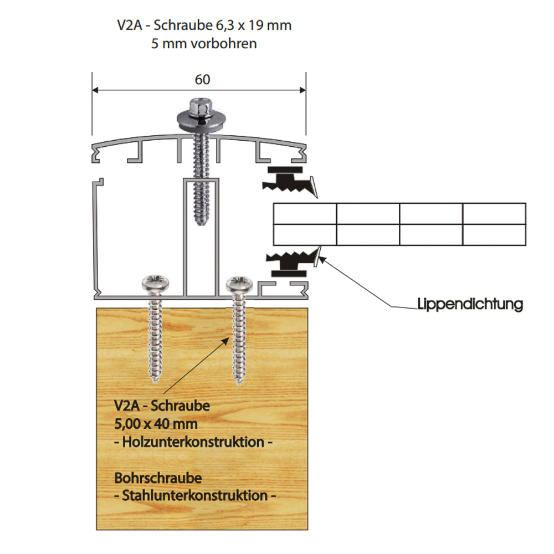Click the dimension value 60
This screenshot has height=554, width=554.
202,79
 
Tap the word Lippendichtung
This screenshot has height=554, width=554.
470,304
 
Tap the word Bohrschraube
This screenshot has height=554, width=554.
158,477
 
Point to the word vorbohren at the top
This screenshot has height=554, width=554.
224,43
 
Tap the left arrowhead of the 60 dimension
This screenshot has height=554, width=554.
95,89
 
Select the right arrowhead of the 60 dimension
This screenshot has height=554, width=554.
302,89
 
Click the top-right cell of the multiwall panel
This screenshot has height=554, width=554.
494,214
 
